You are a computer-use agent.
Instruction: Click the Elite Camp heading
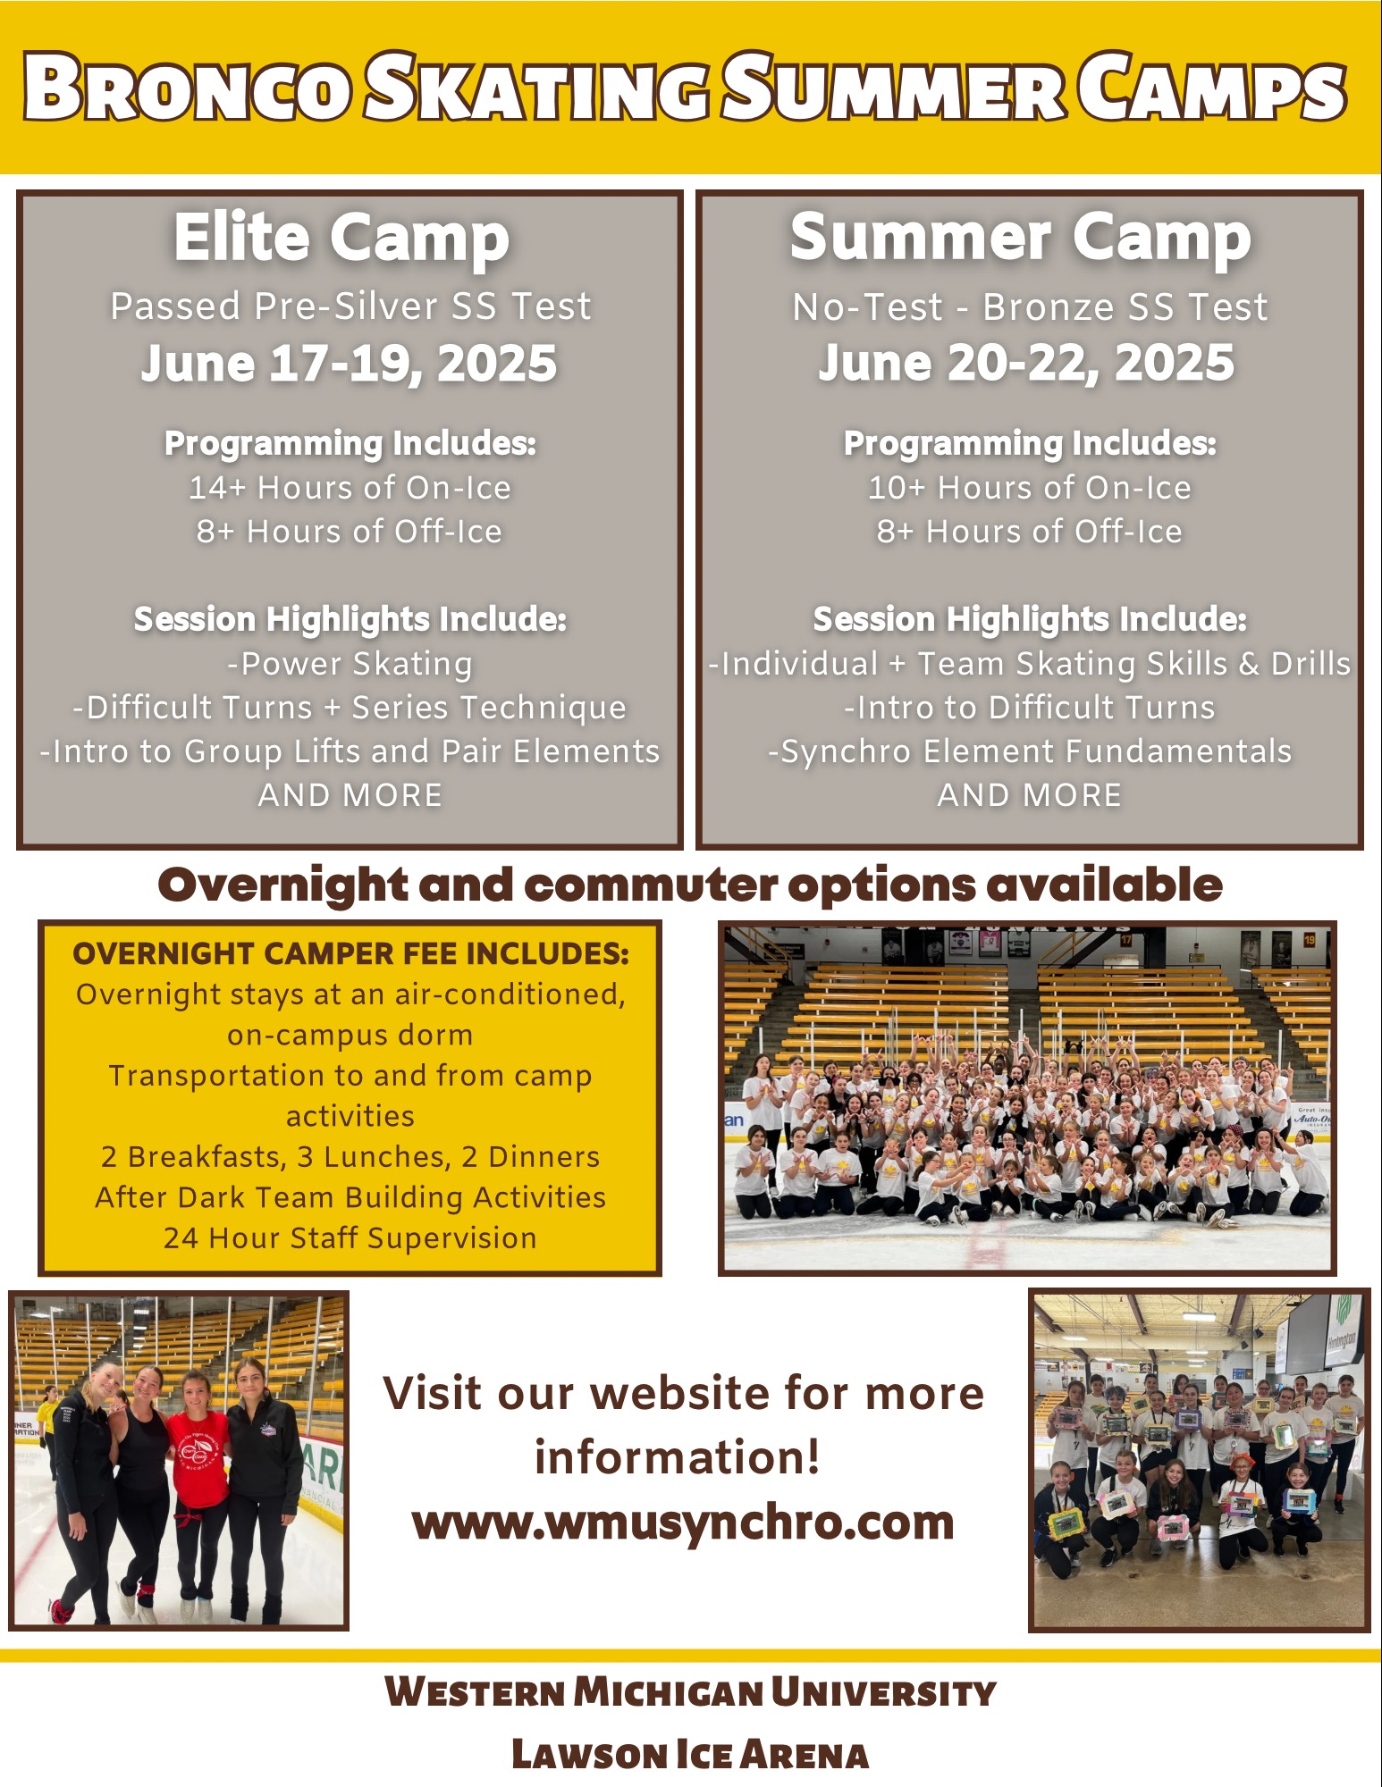(341, 239)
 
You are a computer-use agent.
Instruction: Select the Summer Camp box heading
(1020, 239)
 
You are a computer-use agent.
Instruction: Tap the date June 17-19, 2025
(349, 364)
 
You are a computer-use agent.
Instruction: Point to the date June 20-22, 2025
(1026, 364)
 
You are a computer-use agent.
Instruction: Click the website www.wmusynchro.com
(683, 1523)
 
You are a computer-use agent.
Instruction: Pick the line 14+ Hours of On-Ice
(350, 488)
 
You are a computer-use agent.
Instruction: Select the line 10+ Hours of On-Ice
(1029, 488)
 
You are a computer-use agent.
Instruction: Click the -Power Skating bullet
(350, 665)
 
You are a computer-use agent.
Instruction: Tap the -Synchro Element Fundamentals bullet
(1030, 752)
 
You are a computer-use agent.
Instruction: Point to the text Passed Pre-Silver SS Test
(350, 306)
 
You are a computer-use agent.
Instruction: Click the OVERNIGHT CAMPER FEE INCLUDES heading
(350, 954)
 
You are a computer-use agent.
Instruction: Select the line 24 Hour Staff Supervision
(350, 1238)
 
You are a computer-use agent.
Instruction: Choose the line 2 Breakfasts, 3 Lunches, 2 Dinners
(350, 1157)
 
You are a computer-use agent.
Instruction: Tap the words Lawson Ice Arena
(690, 1755)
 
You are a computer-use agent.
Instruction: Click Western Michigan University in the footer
(690, 1692)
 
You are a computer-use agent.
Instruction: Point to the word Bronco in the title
(187, 88)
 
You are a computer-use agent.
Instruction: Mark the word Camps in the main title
(1211, 88)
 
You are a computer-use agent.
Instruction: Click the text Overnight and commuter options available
(690, 885)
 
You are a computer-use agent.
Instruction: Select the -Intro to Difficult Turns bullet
(1030, 709)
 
